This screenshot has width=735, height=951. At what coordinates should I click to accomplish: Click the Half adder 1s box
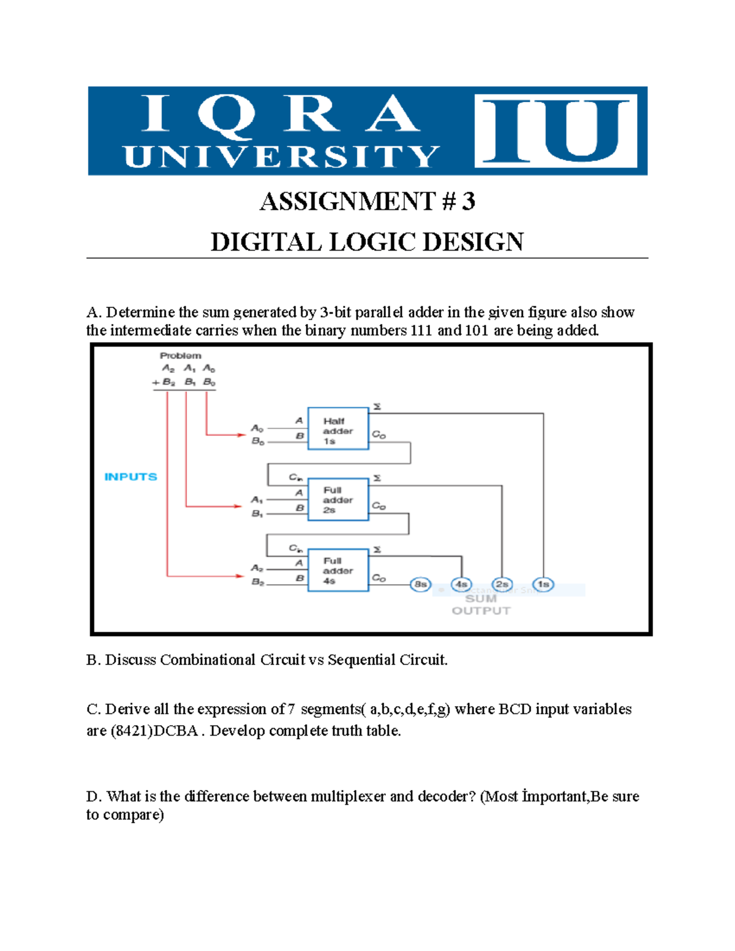[338, 429]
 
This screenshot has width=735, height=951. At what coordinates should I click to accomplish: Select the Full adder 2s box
[338, 500]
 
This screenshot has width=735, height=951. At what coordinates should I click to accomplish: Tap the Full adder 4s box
[338, 570]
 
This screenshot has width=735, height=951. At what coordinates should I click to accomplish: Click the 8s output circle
[421, 584]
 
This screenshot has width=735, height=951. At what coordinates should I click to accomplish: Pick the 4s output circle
[461, 584]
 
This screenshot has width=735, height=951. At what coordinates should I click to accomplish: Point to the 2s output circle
[502, 584]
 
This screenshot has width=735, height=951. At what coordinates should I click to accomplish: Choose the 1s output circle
[543, 584]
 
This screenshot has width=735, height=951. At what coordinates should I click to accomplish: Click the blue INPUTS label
[130, 476]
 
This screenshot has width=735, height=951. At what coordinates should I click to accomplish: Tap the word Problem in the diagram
[180, 355]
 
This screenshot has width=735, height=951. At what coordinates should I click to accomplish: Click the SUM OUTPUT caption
[481, 604]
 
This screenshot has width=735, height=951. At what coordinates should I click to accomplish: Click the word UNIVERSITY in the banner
[282, 157]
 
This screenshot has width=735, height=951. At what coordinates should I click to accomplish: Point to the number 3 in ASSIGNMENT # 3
[468, 201]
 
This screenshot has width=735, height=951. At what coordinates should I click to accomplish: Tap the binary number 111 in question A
[421, 331]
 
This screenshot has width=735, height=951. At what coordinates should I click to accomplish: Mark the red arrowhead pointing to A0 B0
[241, 435]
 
